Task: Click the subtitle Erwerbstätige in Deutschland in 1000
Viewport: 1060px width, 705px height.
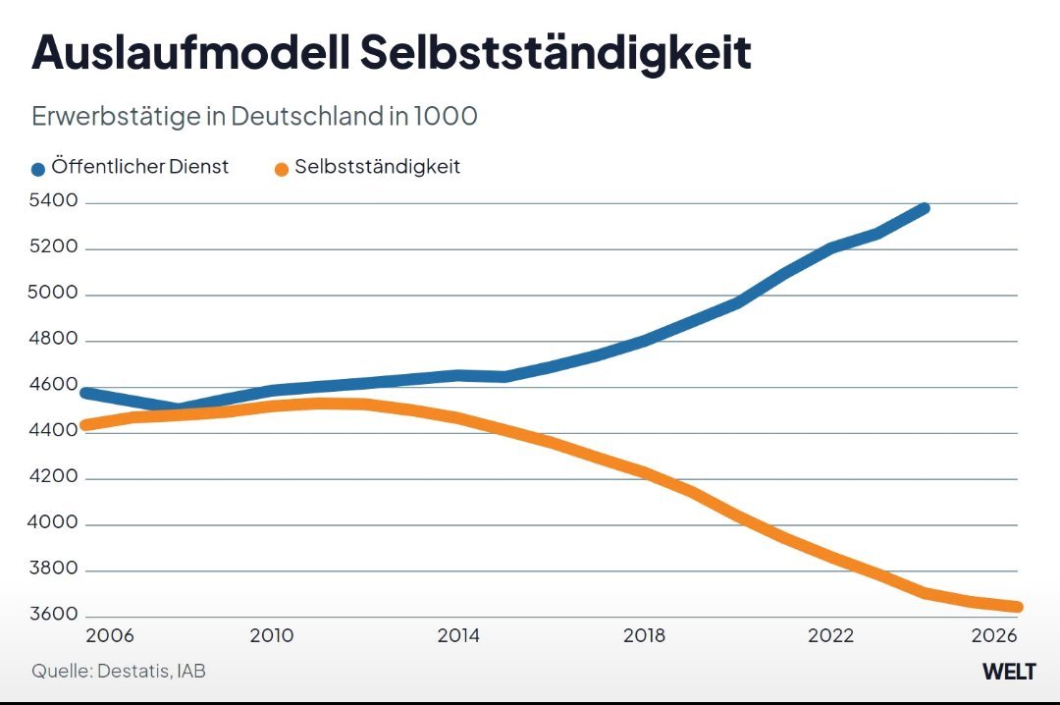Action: pyautogui.click(x=254, y=116)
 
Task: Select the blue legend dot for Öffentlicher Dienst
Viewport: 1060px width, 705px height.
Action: pyautogui.click(x=38, y=168)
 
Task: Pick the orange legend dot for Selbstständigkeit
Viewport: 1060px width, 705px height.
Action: pyautogui.click(x=282, y=168)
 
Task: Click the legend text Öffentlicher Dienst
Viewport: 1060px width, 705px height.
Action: pyautogui.click(x=139, y=167)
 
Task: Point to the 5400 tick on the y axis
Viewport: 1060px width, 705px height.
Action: pyautogui.click(x=54, y=201)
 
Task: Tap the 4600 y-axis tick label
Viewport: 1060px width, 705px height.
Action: pyautogui.click(x=54, y=385)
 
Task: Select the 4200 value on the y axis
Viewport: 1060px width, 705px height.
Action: pyautogui.click(x=54, y=477)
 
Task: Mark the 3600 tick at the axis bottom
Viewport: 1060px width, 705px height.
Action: pyautogui.click(x=54, y=615)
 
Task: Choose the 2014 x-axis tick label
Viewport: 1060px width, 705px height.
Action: pyautogui.click(x=458, y=635)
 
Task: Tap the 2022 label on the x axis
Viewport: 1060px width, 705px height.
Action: pyautogui.click(x=830, y=635)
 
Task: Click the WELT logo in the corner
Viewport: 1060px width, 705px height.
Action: pyautogui.click(x=1009, y=672)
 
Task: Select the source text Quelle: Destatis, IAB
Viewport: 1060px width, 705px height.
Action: pyautogui.click(x=119, y=672)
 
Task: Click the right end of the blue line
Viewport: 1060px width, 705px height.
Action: pyautogui.click(x=924, y=208)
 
